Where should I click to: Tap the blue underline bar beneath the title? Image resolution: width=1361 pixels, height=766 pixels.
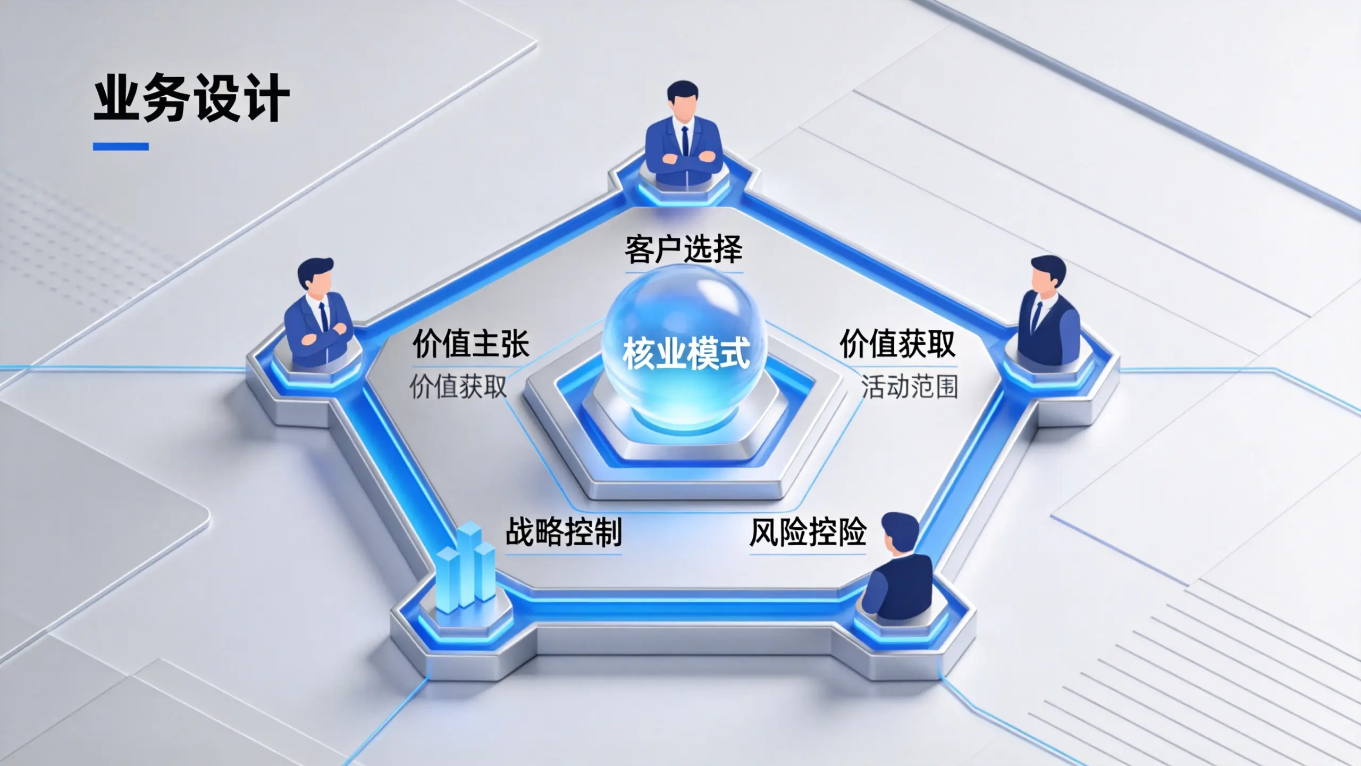[121, 146]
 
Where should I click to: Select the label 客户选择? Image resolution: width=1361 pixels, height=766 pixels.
[684, 249]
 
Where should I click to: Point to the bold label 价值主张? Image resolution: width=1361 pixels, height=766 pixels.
[471, 344]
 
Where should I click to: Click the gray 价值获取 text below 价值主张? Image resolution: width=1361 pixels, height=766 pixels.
[458, 386]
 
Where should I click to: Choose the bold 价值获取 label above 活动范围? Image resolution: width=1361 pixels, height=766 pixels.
[898, 344]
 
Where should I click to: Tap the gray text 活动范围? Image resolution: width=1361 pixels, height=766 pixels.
[910, 387]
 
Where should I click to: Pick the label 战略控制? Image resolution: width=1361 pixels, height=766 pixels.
[564, 532]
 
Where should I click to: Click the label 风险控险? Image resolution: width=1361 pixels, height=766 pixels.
[808, 532]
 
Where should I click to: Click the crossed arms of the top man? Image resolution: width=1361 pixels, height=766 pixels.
[684, 160]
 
